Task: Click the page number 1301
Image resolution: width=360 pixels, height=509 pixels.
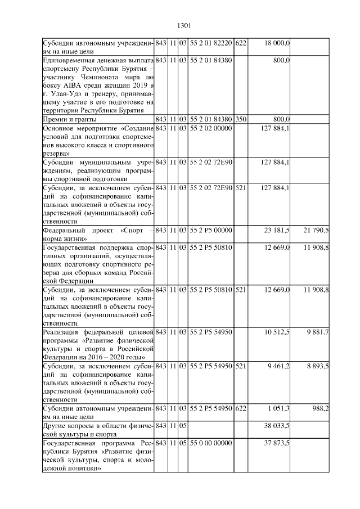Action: pos(184,25)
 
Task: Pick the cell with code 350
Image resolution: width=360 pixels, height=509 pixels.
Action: pos(241,119)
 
